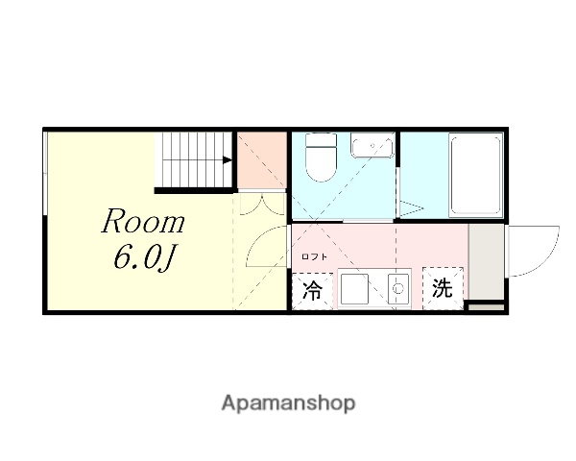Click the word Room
click(143, 223)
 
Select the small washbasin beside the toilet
click(371, 146)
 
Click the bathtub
click(475, 174)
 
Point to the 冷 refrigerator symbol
click(313, 290)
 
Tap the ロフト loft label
click(314, 256)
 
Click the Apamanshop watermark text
click(288, 402)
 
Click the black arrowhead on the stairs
click(228, 161)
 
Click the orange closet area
click(262, 159)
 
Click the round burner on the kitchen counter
click(395, 287)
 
